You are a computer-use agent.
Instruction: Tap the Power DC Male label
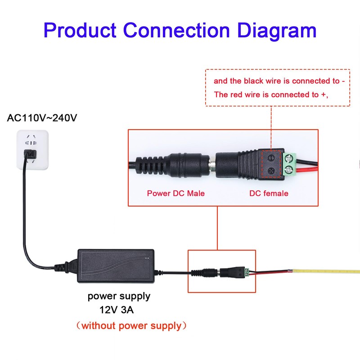point(176,193)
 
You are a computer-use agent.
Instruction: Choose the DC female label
point(269,193)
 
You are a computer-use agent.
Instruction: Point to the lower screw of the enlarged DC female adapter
point(271,171)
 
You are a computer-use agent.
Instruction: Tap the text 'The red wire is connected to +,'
point(271,95)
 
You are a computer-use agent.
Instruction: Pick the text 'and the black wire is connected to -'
point(279,81)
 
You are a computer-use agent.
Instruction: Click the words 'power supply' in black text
point(119,297)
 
